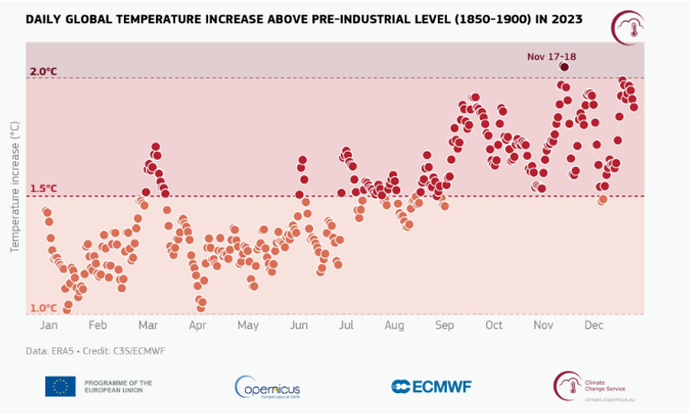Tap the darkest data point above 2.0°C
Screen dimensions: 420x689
tap(564, 66)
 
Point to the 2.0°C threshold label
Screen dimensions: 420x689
tap(44, 72)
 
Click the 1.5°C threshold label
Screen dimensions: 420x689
tap(44, 188)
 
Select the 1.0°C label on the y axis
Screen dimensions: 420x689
tap(44, 308)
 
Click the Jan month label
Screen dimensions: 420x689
tap(49, 325)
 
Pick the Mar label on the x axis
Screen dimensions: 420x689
tap(148, 325)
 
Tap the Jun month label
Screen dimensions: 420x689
tap(299, 325)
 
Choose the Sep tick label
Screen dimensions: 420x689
tap(444, 325)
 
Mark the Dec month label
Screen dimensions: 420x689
tap(592, 325)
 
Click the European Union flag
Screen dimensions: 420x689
tap(60, 386)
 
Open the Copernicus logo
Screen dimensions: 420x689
tap(274, 387)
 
